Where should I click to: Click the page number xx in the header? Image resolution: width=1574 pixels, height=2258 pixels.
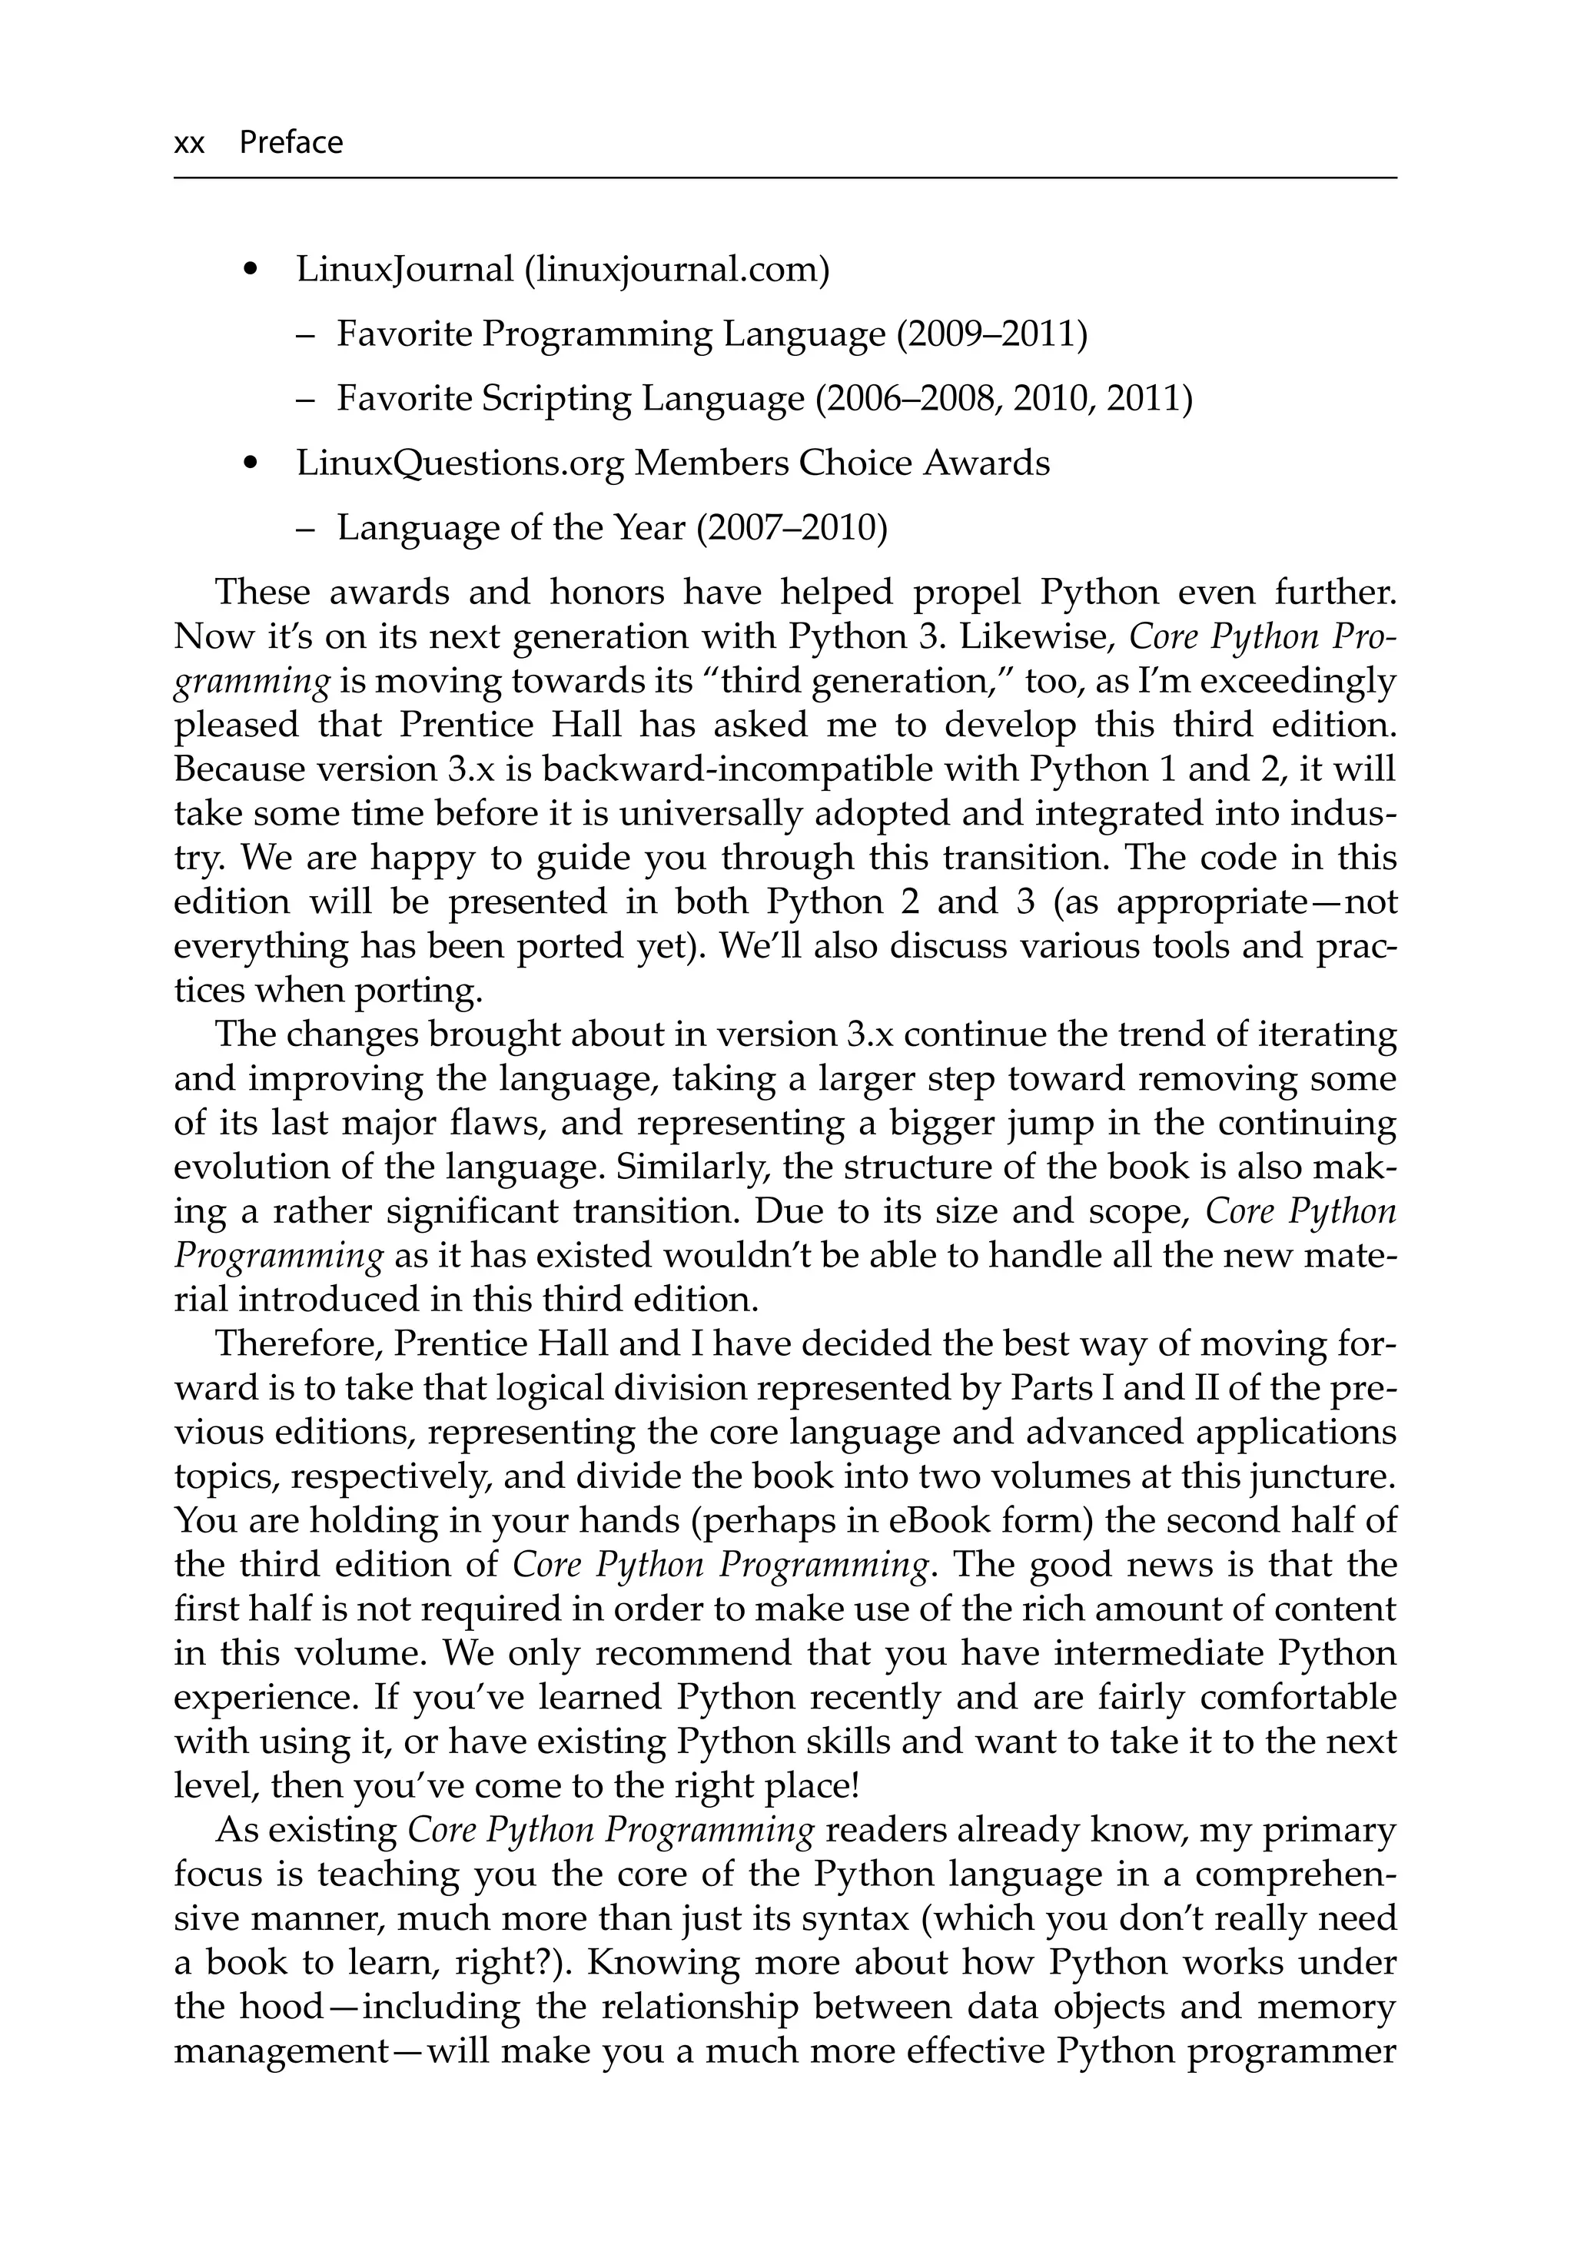click(x=189, y=144)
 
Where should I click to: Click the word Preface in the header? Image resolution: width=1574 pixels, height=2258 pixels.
click(x=291, y=143)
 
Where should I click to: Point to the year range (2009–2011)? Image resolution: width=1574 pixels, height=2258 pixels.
click(x=991, y=334)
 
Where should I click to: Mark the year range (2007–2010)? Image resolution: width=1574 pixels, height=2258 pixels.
click(x=791, y=528)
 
